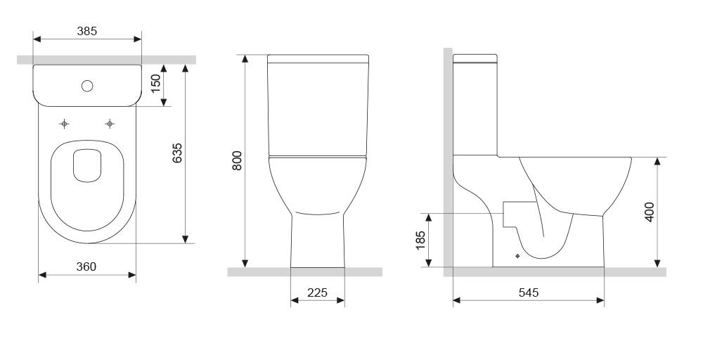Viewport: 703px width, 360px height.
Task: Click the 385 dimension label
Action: (87, 31)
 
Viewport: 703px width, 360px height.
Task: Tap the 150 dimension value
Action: (155, 84)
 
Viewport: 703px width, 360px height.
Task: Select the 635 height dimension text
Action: (178, 153)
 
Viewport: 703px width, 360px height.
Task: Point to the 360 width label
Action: (86, 266)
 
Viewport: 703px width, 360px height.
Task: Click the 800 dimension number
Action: (237, 160)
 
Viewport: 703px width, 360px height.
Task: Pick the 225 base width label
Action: (318, 292)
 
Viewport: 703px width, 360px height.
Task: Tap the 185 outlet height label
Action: (420, 240)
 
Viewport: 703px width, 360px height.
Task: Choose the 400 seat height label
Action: (649, 212)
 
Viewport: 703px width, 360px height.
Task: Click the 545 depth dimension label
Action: (529, 292)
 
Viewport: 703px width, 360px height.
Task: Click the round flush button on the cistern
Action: (87, 86)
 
